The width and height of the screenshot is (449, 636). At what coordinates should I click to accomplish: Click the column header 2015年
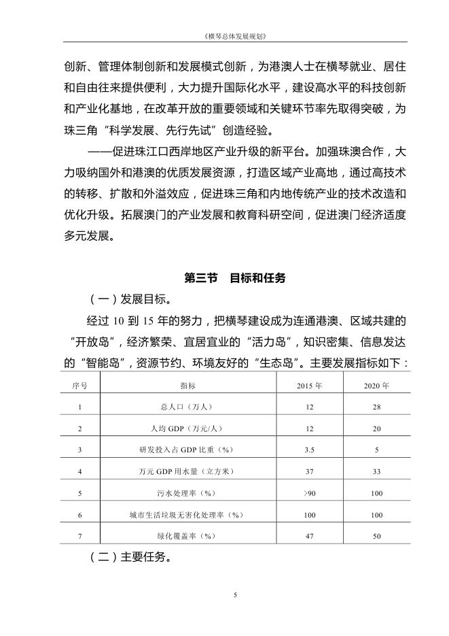point(309,385)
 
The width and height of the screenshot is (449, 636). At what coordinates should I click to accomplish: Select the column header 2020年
point(376,385)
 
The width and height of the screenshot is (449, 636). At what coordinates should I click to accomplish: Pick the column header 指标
point(183,385)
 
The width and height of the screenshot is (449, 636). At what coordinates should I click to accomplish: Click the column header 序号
point(79,385)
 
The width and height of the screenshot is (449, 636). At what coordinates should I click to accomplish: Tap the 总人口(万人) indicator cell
point(183,407)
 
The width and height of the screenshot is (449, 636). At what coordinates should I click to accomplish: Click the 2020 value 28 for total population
point(376,407)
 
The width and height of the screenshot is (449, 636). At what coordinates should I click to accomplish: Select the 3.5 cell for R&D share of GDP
point(309,450)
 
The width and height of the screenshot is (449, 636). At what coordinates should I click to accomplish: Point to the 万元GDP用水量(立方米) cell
point(183,471)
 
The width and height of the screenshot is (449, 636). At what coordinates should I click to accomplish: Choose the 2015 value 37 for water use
point(309,471)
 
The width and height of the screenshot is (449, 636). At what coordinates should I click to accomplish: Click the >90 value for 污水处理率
point(309,493)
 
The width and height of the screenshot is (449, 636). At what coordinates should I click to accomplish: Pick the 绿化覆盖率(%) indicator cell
point(183,536)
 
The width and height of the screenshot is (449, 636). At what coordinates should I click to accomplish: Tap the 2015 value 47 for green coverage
point(309,536)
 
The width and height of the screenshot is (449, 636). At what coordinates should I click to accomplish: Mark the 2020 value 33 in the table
point(376,471)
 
